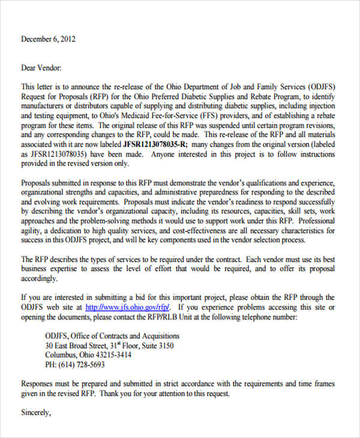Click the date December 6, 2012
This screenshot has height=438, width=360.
pyautogui.click(x=49, y=39)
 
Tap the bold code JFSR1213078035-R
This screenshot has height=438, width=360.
pyautogui.click(x=155, y=145)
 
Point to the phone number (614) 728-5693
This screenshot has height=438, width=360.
pyautogui.click(x=75, y=365)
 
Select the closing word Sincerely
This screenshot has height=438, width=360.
pyautogui.click(x=36, y=413)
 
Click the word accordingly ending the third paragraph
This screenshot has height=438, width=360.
pyautogui.click(x=40, y=279)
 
